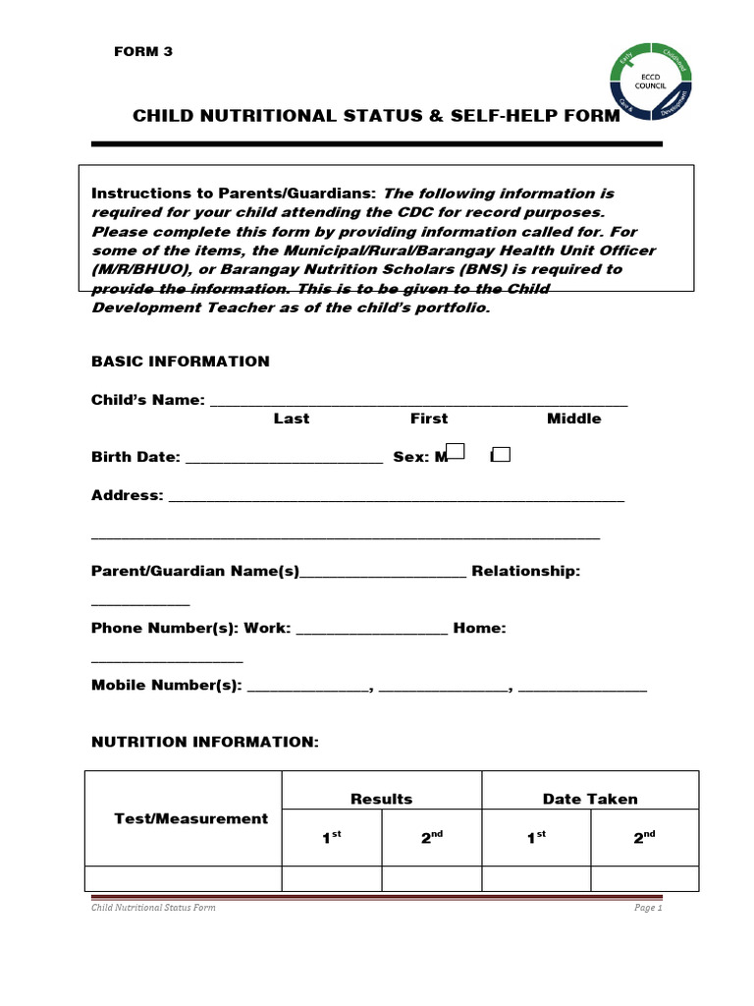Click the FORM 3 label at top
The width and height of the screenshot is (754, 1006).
(x=143, y=52)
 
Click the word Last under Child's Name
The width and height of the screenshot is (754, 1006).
(x=291, y=419)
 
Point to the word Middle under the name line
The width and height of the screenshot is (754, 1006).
(x=573, y=419)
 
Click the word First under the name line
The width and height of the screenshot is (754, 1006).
(x=428, y=419)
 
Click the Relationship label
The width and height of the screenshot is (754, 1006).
(x=526, y=571)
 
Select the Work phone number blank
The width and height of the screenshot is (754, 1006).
(x=371, y=631)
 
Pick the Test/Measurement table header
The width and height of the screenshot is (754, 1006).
(x=190, y=818)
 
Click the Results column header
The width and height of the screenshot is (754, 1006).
(x=381, y=799)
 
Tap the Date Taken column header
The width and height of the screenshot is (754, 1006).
(x=589, y=799)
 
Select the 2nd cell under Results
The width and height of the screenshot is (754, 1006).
(x=431, y=838)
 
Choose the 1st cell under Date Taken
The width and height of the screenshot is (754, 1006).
(x=536, y=838)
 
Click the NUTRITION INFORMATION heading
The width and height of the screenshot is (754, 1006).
(x=205, y=743)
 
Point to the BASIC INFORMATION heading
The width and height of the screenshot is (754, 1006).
(x=180, y=362)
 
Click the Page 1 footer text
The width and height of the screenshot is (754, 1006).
(x=648, y=908)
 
